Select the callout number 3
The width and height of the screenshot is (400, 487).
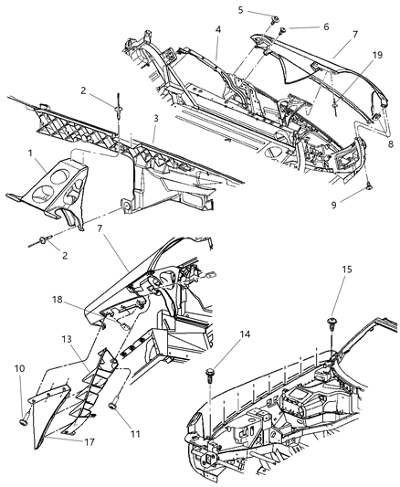[x=157, y=118]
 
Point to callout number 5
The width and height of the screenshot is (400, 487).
[x=240, y=10]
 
